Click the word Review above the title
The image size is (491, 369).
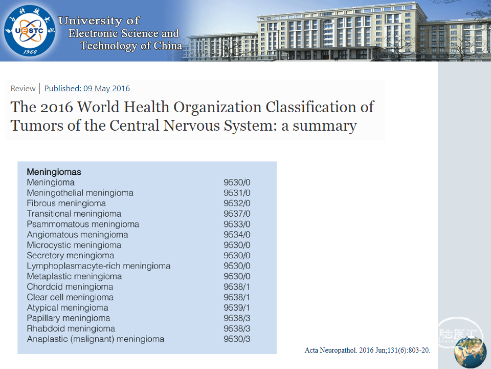click(x=23, y=89)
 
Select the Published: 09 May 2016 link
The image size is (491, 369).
click(x=87, y=89)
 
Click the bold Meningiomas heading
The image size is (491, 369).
click(x=54, y=172)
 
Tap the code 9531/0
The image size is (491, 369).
click(x=237, y=193)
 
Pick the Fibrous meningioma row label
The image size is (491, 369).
click(x=66, y=203)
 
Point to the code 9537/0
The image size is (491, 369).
click(x=237, y=214)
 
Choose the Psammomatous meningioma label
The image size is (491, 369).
click(x=83, y=224)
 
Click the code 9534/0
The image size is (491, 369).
click(x=237, y=235)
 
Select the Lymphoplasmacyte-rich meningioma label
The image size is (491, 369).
click(x=99, y=266)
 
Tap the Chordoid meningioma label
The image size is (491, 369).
click(x=70, y=287)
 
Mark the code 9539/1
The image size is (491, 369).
click(x=237, y=308)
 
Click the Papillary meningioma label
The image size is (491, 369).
click(x=69, y=318)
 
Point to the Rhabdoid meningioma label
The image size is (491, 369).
click(x=71, y=329)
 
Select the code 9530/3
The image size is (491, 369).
click(x=237, y=339)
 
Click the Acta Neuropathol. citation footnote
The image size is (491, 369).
click(x=367, y=350)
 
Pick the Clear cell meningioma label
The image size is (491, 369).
click(x=70, y=297)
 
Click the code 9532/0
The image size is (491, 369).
click(x=237, y=203)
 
